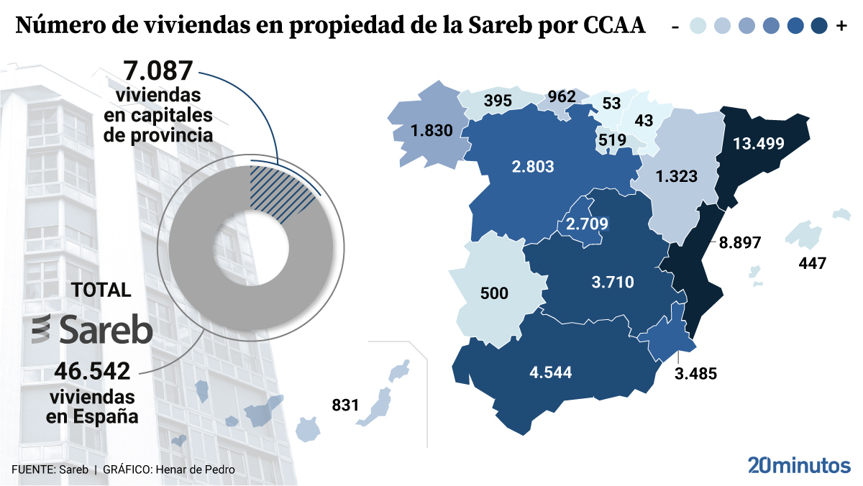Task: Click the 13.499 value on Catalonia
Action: pos(758,142)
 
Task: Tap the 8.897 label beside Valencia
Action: pos(739,242)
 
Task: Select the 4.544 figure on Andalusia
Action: pos(551,372)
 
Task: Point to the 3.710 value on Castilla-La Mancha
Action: pos(613,283)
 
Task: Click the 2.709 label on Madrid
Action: pos(587,224)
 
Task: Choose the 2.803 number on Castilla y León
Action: pos(533,167)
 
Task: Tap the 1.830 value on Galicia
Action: pos(431,131)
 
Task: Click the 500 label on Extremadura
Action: pos(494,293)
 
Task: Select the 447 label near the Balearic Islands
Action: pos(813,263)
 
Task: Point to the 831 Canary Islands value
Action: pos(345,405)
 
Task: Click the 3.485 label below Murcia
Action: pos(696,373)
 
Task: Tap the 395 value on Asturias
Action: pos(498,101)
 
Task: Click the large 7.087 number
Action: pos(158,72)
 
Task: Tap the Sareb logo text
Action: pos(106,330)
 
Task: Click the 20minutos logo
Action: pos(798,465)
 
